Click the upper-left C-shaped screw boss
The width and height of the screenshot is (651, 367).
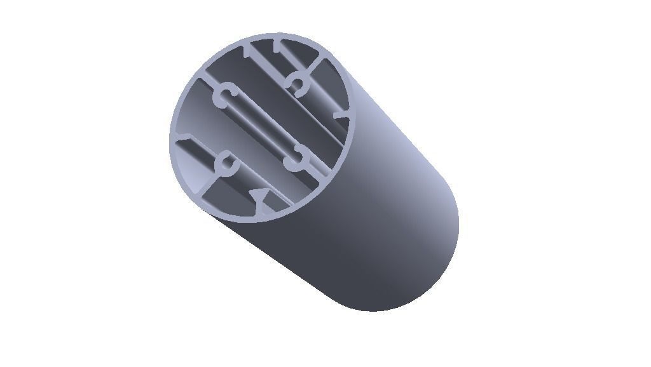224,98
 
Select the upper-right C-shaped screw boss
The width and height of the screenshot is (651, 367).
296,84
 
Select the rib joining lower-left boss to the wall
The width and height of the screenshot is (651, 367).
210,183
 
